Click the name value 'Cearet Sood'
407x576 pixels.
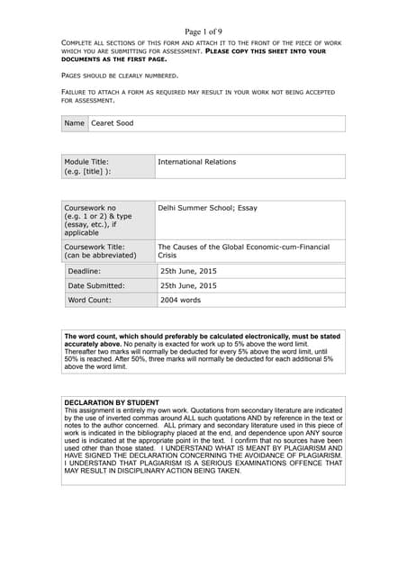coord(112,123)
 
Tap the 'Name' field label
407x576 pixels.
coord(75,123)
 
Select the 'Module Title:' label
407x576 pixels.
coord(86,162)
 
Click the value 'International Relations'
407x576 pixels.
coord(197,162)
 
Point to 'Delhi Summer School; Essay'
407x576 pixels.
coord(207,207)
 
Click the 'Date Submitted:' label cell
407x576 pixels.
coord(96,285)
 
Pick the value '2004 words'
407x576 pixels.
coord(180,300)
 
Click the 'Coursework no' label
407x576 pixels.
coord(90,207)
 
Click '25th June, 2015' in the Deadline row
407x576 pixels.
coord(188,270)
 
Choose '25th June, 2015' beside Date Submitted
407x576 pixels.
coord(188,285)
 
